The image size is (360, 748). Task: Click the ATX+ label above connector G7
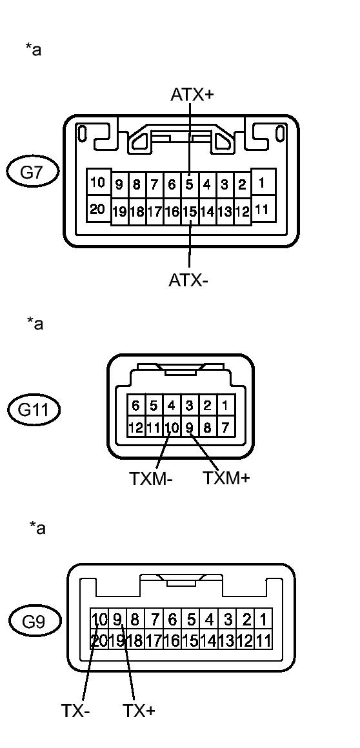tap(192, 95)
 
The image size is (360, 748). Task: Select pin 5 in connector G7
tap(190, 184)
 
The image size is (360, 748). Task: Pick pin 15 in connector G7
tap(190, 211)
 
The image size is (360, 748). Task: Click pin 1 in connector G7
tap(261, 183)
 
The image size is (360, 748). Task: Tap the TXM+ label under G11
tap(226, 478)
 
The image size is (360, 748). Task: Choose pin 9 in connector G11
tap(190, 426)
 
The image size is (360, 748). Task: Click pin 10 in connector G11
tap(172, 426)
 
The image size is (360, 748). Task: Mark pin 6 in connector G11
tap(135, 407)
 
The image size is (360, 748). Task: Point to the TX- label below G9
tap(75, 711)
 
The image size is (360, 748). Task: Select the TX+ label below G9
tap(139, 711)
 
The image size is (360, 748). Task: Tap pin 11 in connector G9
tap(263, 641)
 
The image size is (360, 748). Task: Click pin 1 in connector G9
tap(263, 620)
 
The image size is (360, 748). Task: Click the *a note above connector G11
tap(35, 323)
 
